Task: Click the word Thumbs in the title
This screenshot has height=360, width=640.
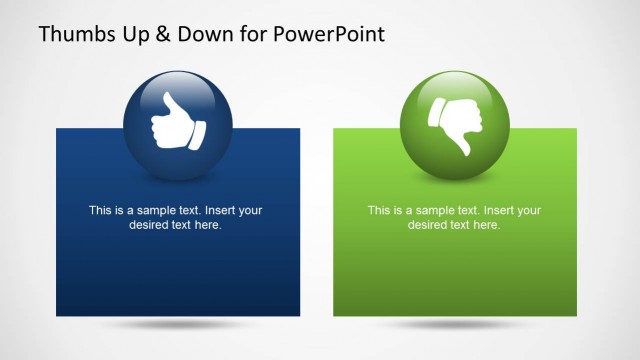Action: click(72, 34)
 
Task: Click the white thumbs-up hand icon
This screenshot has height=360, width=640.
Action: click(175, 123)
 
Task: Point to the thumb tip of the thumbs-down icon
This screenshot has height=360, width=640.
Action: click(464, 151)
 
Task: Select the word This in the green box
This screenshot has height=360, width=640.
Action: click(380, 210)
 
